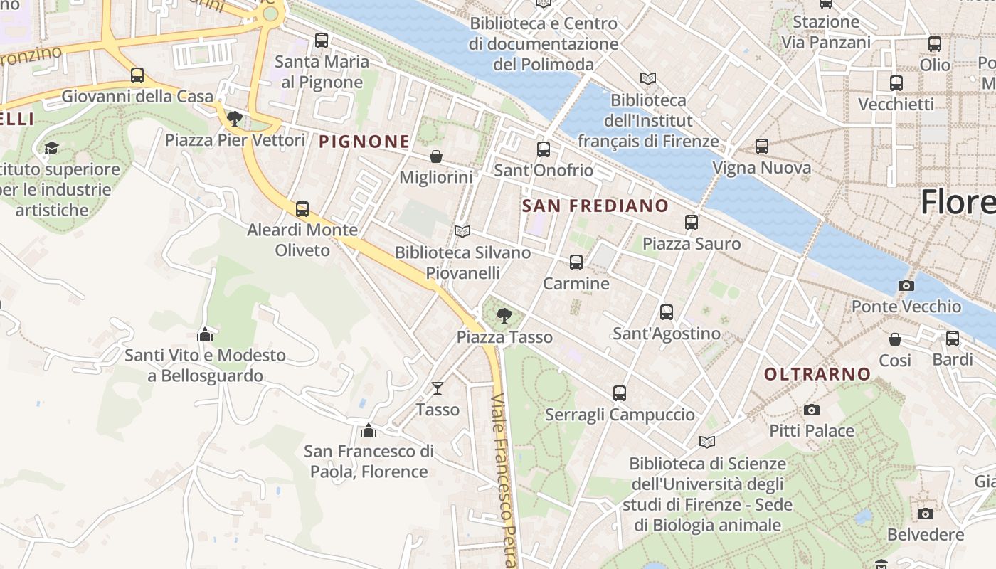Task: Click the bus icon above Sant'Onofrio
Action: pos(544,149)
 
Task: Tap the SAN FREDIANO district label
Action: pos(595,206)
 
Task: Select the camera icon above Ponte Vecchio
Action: pos(906,285)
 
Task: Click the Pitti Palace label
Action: pos(812,431)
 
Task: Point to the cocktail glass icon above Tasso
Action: pos(438,388)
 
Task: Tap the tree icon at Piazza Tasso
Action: pos(504,314)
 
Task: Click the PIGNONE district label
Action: pos(364,142)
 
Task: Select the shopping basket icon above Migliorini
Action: pos(435,156)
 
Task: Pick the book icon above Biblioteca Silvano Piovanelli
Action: pos(462,232)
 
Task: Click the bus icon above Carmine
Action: pos(576,262)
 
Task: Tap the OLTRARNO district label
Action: pos(817,374)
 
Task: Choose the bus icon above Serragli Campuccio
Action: pos(620,393)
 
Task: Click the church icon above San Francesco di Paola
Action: pos(369,430)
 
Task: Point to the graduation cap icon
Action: pos(51,148)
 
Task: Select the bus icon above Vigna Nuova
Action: pos(762,147)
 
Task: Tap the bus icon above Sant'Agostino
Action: pos(667,312)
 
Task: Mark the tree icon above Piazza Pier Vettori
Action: pos(235,118)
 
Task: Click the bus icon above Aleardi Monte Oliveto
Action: pos(302,209)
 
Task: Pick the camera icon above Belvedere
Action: pos(926,514)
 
